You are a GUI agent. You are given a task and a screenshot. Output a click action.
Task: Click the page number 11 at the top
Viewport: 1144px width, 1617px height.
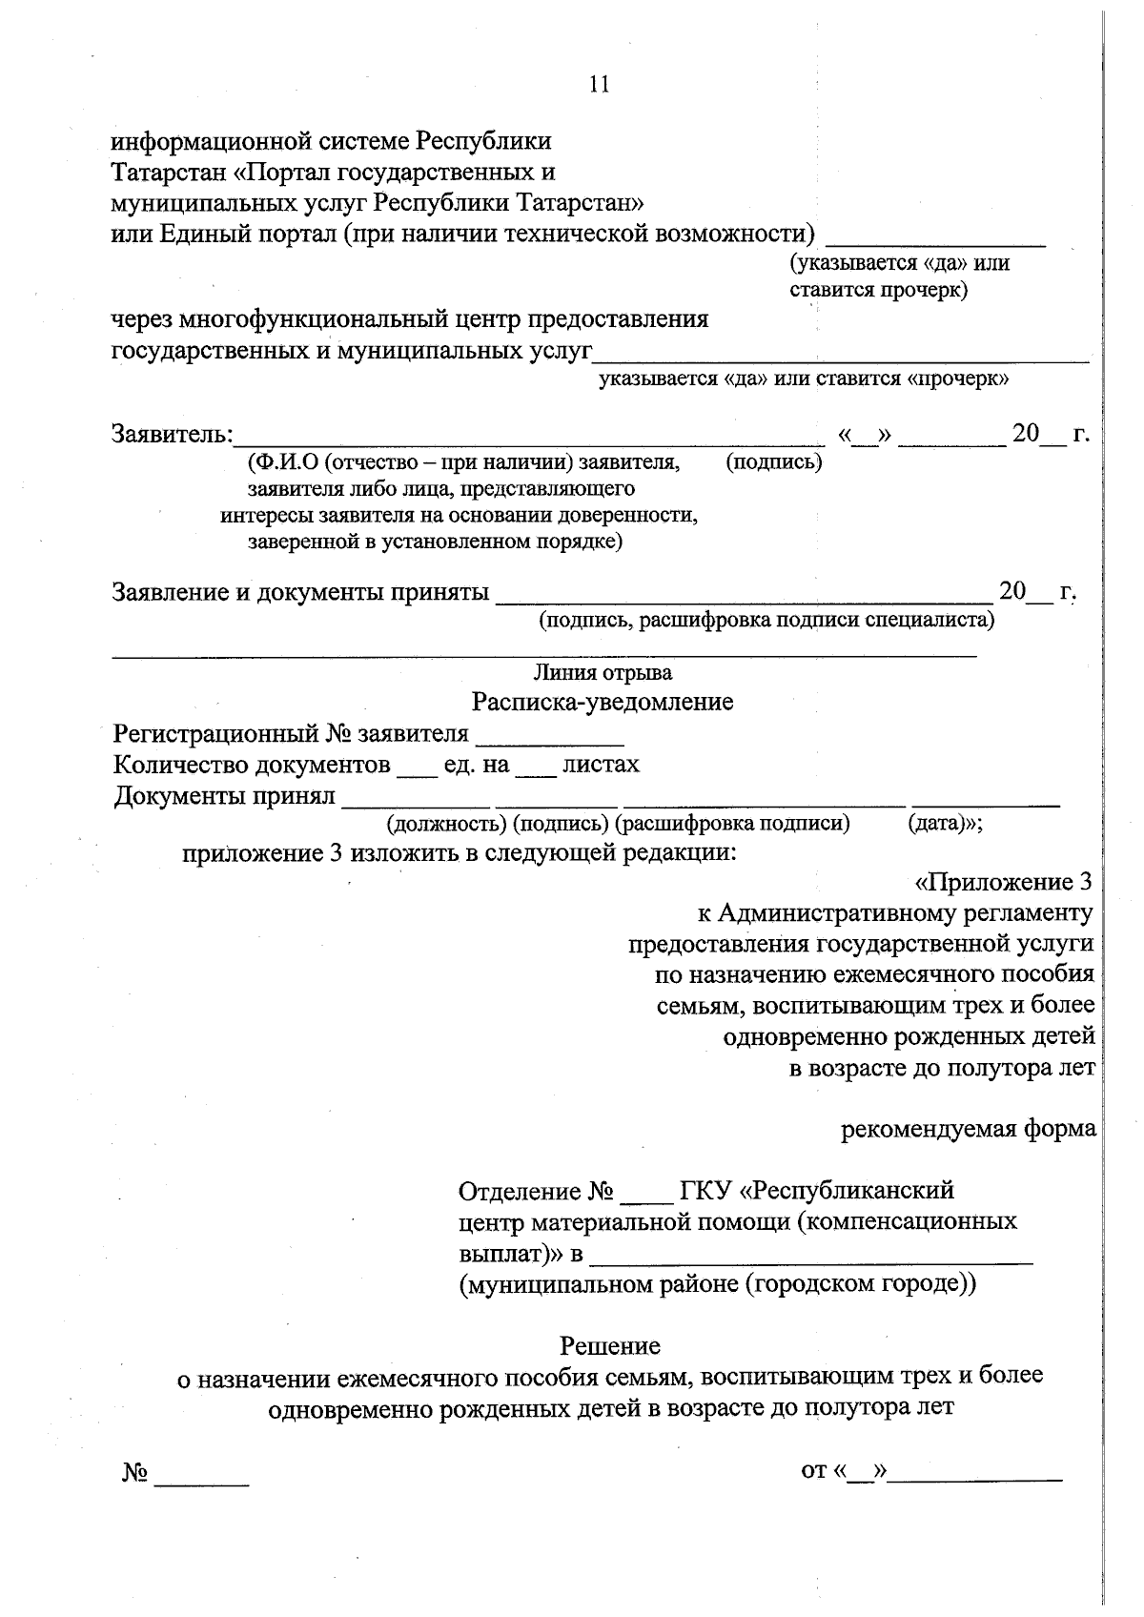(599, 84)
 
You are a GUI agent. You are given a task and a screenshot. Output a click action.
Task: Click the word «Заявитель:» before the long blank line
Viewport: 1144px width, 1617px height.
(173, 434)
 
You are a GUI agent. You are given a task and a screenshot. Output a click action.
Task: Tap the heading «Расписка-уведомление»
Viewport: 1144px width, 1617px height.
(603, 703)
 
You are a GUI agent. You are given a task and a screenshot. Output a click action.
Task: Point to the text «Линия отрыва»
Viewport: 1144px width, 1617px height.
(603, 673)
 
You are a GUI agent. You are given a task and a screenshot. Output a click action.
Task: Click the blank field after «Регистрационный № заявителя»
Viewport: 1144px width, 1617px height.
(549, 736)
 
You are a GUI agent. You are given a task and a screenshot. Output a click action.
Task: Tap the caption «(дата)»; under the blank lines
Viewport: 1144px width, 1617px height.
(945, 823)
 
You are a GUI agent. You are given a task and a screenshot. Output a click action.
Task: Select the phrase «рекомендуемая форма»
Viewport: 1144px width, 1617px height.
(968, 1129)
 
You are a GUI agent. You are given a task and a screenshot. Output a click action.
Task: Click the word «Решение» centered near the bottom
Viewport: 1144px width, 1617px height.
(610, 1345)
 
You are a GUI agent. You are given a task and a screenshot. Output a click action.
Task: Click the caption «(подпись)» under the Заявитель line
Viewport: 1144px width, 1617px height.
(773, 462)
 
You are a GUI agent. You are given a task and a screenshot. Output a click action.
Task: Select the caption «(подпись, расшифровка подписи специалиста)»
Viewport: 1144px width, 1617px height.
(766, 621)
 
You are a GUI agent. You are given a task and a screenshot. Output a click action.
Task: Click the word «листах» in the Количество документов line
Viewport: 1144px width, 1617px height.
(601, 764)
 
